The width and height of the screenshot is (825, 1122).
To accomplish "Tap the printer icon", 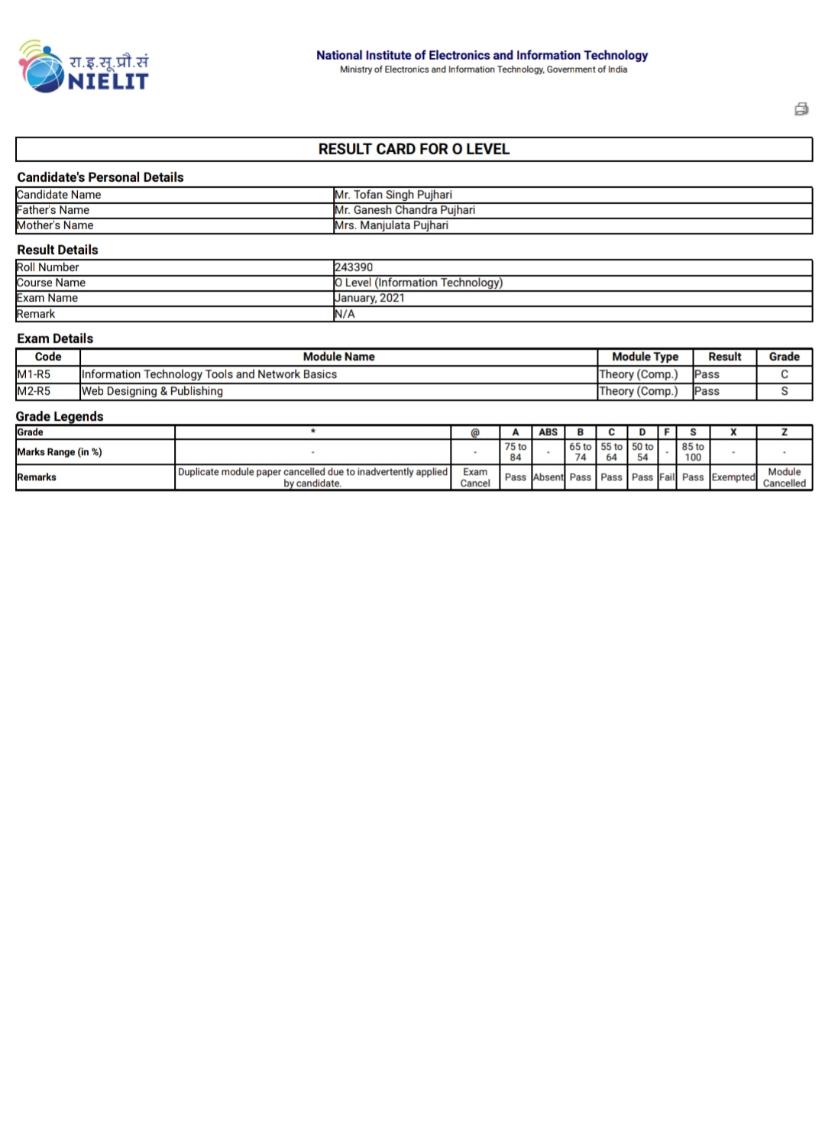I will pos(801,109).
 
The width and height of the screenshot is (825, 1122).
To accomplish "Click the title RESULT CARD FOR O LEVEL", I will pos(413,149).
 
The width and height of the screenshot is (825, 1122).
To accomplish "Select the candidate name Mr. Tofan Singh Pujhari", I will pos(393,195).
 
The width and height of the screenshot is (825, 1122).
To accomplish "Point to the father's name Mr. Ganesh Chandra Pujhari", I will pos(405,210).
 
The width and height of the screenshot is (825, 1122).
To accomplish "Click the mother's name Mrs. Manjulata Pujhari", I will pos(391,225).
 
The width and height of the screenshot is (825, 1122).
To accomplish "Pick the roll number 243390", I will pos(354,267).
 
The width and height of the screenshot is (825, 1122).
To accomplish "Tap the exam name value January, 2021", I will pos(370,298).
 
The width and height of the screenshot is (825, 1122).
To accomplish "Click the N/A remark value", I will pos(345,314).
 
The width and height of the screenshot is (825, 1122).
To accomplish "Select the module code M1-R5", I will pos(34,374).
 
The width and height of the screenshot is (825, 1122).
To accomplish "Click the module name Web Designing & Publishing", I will pos(152,391).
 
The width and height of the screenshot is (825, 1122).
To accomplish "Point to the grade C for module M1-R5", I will pos(784,374).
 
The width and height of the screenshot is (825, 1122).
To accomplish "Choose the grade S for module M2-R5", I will pos(784,391).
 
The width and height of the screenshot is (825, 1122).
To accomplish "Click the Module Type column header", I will pos(645,357).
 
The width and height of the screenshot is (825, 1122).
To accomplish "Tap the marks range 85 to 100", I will pos(693,452).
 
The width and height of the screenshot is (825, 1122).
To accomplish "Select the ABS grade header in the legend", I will pos(548,432).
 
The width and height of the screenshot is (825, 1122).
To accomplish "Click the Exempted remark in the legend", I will pos(733,477).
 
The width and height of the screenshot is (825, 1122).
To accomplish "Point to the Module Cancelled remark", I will pos(784,477).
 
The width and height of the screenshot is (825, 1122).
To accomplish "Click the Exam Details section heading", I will pos(55,338).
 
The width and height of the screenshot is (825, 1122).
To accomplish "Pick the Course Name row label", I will pos(51,283).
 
